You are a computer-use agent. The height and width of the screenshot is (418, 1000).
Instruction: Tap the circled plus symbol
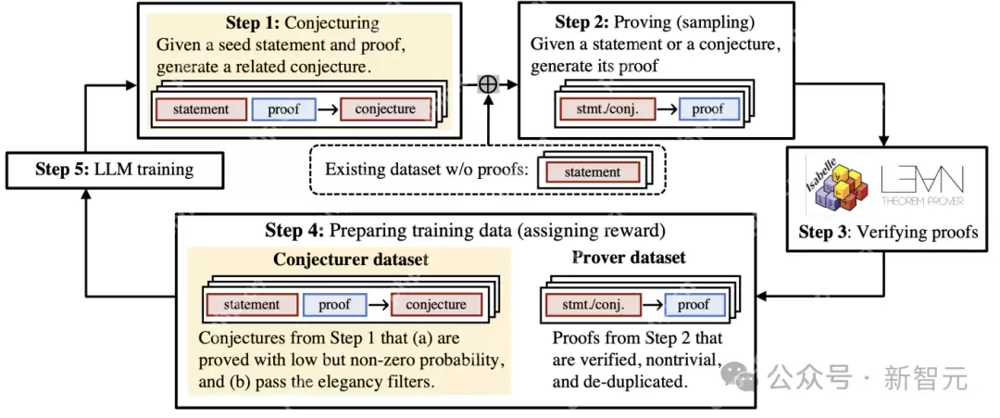tap(488, 84)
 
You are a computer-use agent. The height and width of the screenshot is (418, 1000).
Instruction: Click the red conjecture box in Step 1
tap(385, 109)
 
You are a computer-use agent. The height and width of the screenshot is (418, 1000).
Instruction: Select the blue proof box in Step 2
tap(707, 109)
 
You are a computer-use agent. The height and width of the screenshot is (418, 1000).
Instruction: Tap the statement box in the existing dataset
tap(592, 171)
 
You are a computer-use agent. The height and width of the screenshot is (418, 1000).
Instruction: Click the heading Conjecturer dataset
tap(350, 260)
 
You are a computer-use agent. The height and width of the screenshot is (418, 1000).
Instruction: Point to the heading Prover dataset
tap(629, 258)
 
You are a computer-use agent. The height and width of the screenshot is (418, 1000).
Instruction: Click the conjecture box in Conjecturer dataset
tap(435, 304)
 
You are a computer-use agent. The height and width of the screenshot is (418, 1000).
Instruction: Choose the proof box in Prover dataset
tap(693, 304)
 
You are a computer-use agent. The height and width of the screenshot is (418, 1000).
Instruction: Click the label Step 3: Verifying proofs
tap(888, 233)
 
